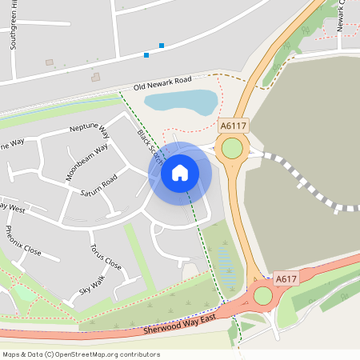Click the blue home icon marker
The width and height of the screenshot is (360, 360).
180,173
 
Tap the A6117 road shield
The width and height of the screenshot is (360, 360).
233,126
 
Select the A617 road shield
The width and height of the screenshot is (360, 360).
286,279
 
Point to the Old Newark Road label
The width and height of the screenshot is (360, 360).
163,82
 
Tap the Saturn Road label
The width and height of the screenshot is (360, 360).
98,185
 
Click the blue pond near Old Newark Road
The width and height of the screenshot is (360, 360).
181,102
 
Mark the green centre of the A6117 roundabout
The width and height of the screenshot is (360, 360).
232,149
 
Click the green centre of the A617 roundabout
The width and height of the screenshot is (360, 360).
263,296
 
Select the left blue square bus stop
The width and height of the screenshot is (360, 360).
146,54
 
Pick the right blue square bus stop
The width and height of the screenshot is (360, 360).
162,46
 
